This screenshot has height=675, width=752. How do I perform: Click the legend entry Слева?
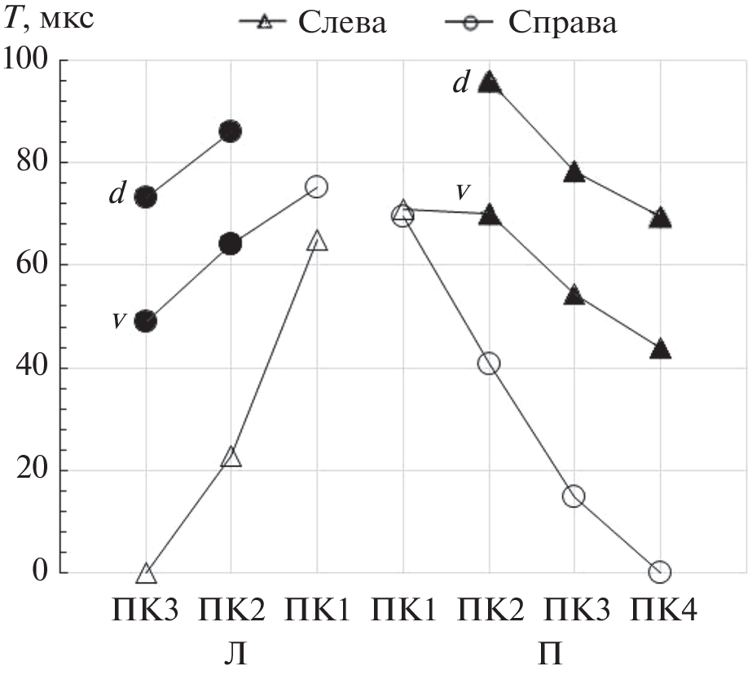(x=339, y=23)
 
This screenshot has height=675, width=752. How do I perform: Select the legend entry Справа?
(x=563, y=23)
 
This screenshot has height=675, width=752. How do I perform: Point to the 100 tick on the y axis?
(x=29, y=60)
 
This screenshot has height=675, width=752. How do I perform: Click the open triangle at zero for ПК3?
(x=146, y=574)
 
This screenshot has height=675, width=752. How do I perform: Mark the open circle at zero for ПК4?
(x=660, y=572)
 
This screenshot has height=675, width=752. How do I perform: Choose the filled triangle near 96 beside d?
(x=489, y=81)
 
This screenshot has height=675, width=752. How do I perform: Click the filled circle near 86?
(x=231, y=131)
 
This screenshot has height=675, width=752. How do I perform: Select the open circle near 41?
(x=489, y=364)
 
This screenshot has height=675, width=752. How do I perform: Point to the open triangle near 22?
(x=231, y=457)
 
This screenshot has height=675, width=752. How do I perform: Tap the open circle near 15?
(x=574, y=496)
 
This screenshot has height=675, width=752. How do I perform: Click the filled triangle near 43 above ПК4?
(x=661, y=350)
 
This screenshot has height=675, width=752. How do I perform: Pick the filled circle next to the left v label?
(x=146, y=321)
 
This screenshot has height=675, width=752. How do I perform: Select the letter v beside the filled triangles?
(x=463, y=191)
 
